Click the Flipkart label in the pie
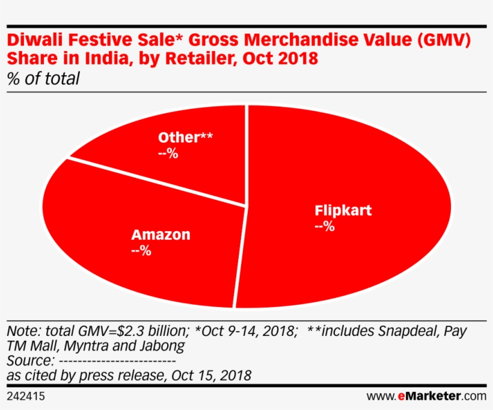click(343, 211)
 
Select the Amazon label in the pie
click(161, 235)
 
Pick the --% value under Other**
click(168, 154)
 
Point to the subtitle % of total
click(43, 79)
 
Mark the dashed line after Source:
click(118, 361)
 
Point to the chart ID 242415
click(26, 396)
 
